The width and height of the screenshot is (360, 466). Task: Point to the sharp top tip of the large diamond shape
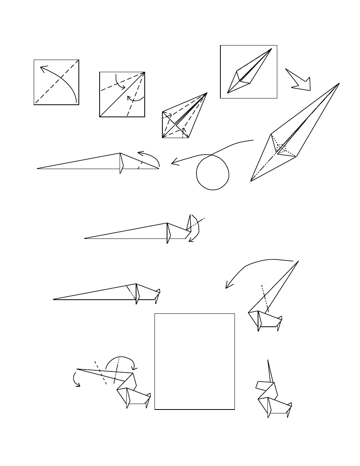(x=338, y=84)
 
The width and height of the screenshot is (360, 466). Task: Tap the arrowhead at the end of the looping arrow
(x=174, y=163)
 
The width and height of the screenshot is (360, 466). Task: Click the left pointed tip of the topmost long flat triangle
(x=38, y=168)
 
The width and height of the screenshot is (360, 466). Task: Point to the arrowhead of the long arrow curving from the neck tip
(x=227, y=287)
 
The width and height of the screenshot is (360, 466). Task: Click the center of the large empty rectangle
(x=195, y=361)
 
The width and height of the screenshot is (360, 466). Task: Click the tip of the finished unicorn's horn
(x=268, y=360)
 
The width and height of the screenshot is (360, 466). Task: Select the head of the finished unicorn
(x=262, y=385)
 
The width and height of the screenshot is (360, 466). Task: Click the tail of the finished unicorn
(x=289, y=404)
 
